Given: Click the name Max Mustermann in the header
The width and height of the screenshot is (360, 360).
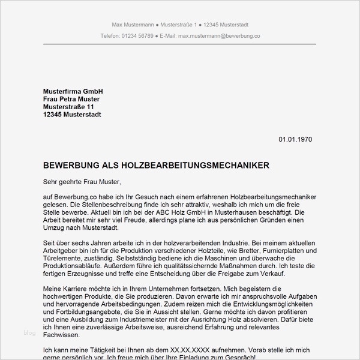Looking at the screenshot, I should point(132,24).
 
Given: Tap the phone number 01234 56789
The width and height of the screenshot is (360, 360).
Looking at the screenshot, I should point(137,36).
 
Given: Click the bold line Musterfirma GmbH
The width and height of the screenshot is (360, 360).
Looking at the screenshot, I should point(73,91).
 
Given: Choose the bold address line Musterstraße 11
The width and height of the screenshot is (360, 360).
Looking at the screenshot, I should point(69,107).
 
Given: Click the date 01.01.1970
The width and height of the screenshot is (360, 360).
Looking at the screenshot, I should point(295,140).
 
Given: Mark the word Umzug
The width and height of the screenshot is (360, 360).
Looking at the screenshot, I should point(55,229).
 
